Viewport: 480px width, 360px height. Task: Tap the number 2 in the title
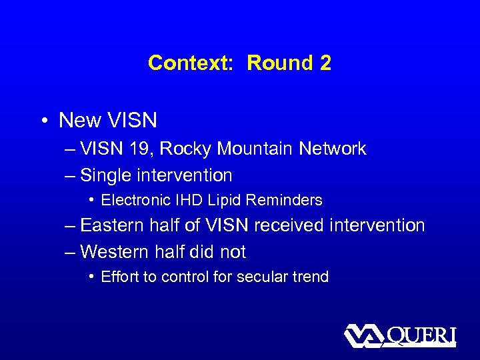(325, 63)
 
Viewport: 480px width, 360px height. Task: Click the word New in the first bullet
(79, 121)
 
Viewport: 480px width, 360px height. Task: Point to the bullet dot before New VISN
(43, 121)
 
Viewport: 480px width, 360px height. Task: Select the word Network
(332, 149)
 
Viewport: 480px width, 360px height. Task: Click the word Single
(103, 176)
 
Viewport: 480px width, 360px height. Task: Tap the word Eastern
(111, 225)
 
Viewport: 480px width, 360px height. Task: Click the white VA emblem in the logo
(363, 335)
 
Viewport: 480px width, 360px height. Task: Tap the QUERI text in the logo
(421, 335)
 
